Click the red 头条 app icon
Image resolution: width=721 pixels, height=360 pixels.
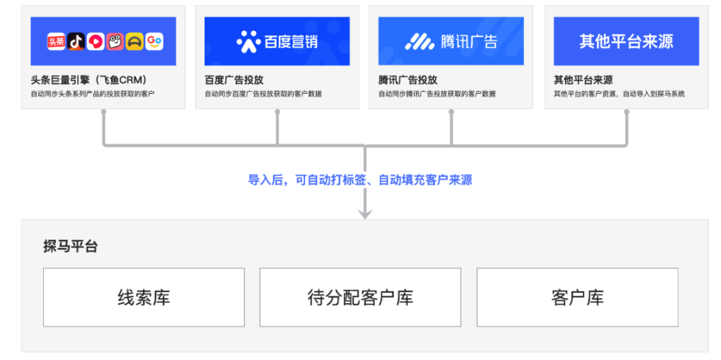click(56, 42)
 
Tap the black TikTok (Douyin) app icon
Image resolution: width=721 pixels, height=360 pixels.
click(76, 42)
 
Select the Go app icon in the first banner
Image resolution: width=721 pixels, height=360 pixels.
click(155, 42)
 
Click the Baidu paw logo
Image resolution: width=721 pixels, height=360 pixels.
click(249, 41)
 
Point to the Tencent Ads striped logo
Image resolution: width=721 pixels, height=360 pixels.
click(419, 42)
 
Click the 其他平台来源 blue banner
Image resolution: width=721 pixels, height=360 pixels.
click(627, 41)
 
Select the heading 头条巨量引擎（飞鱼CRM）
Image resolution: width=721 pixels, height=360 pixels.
click(89, 80)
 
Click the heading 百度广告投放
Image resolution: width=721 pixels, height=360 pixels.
click(234, 80)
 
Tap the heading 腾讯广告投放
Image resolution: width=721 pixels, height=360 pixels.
click(408, 80)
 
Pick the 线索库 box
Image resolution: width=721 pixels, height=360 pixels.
click(144, 298)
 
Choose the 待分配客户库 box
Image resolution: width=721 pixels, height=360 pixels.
click(360, 298)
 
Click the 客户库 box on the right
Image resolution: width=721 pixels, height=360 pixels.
click(577, 298)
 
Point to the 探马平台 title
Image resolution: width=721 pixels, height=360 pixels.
click(71, 246)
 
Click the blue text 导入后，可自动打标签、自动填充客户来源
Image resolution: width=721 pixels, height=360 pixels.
click(360, 180)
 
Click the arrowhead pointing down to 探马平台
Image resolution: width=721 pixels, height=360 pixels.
click(365, 213)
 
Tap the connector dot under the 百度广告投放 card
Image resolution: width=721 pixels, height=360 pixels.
click(277, 112)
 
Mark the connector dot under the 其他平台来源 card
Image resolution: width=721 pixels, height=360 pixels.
click(627, 112)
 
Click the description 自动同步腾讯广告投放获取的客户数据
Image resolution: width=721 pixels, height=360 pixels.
click(437, 94)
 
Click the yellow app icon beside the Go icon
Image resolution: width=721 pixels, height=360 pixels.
click(135, 42)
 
